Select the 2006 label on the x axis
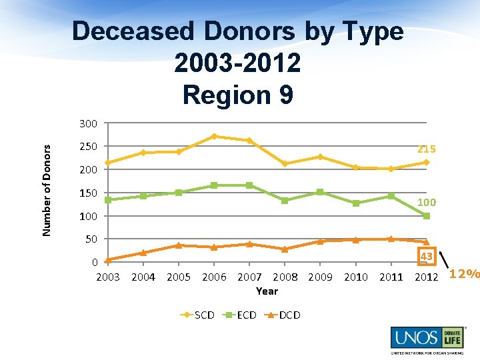point(213,277)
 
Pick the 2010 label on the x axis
point(355,277)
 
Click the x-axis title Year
point(267,291)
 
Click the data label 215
point(427,149)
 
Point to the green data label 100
point(427,202)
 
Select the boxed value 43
point(427,257)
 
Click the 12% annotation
point(465,273)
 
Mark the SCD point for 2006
point(214,136)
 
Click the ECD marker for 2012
point(427,216)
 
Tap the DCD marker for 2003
point(108,260)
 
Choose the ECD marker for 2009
point(320,192)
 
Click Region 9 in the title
point(237,95)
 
